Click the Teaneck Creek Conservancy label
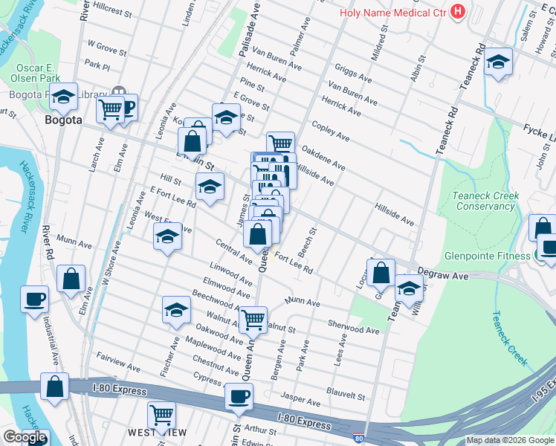tap(486, 201)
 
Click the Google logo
tap(25, 437)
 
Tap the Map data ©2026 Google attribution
tap(511, 440)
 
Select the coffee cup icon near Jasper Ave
tap(239, 396)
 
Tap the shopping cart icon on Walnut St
tap(253, 320)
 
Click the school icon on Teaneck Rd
tap(498, 62)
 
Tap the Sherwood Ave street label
tap(353, 328)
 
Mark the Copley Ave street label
tap(331, 132)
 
